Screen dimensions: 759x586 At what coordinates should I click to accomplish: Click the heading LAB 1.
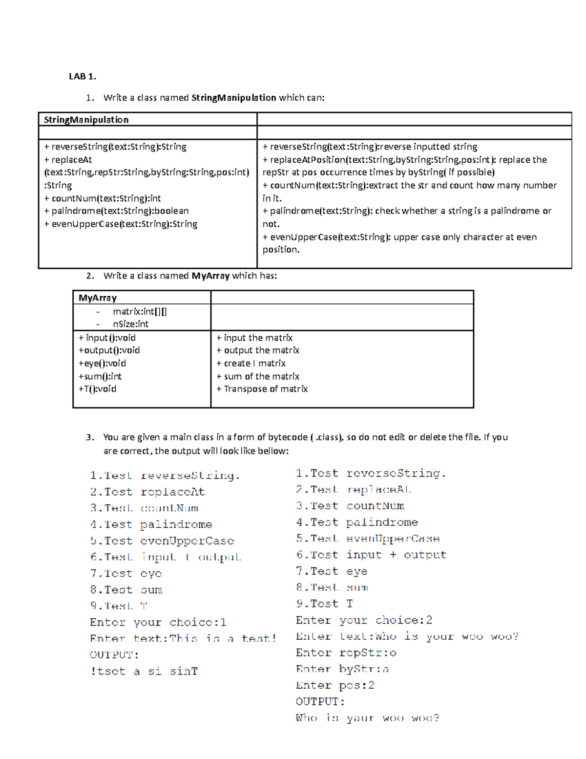pos(83,76)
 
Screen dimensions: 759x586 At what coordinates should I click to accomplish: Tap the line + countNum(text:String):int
pos(102,198)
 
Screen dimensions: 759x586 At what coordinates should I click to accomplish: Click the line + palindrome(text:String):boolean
pos(116,211)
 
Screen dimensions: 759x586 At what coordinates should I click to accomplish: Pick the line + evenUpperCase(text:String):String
pos(121,224)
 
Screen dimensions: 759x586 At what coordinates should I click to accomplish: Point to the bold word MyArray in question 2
pos(210,276)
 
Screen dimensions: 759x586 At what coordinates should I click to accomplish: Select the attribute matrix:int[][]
pos(140,311)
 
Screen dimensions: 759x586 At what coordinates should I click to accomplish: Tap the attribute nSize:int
pos(130,324)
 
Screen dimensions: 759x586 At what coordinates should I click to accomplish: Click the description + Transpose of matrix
pos(262,389)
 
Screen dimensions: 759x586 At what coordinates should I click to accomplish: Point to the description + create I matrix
pos(251,363)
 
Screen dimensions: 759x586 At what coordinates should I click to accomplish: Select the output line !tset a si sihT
pos(144,671)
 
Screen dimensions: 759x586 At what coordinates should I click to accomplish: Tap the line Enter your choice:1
pos(158,622)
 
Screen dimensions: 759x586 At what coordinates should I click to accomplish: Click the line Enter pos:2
pos(335,685)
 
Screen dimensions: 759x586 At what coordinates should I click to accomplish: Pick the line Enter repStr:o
pos(346,653)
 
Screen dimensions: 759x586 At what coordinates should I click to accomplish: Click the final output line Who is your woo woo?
pos(367,718)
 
